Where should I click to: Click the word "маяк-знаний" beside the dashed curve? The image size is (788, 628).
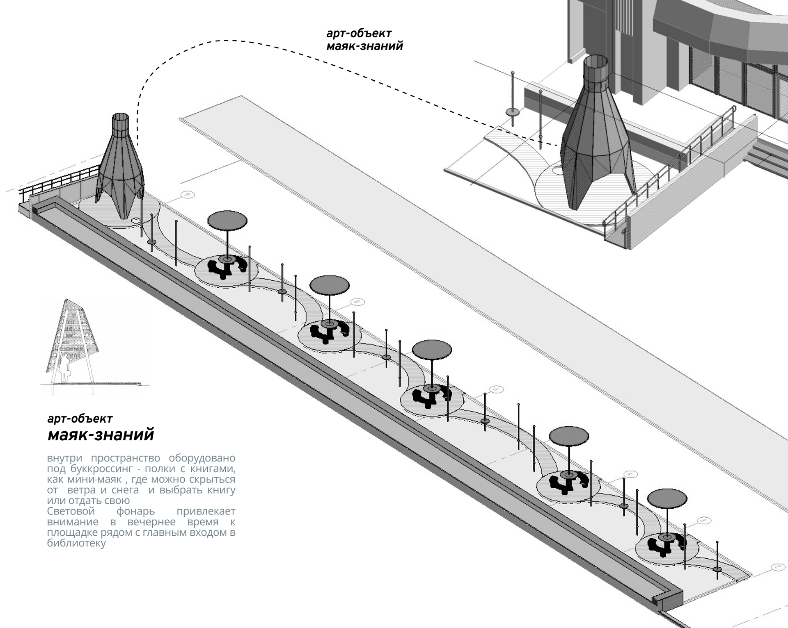click(364, 46)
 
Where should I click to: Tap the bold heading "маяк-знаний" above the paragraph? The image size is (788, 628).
click(101, 435)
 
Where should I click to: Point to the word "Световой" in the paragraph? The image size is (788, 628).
click(71, 511)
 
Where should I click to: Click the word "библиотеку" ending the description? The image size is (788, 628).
click(77, 543)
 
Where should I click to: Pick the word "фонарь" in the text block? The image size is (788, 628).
click(135, 512)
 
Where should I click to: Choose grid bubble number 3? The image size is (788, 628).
click(704, 521)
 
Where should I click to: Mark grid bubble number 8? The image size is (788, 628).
click(358, 303)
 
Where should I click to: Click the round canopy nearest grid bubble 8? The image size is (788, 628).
click(330, 285)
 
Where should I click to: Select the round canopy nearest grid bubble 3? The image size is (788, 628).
click(667, 498)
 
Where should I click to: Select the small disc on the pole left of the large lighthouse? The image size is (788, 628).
click(513, 111)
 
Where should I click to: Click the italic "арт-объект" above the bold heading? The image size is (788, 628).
click(80, 419)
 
